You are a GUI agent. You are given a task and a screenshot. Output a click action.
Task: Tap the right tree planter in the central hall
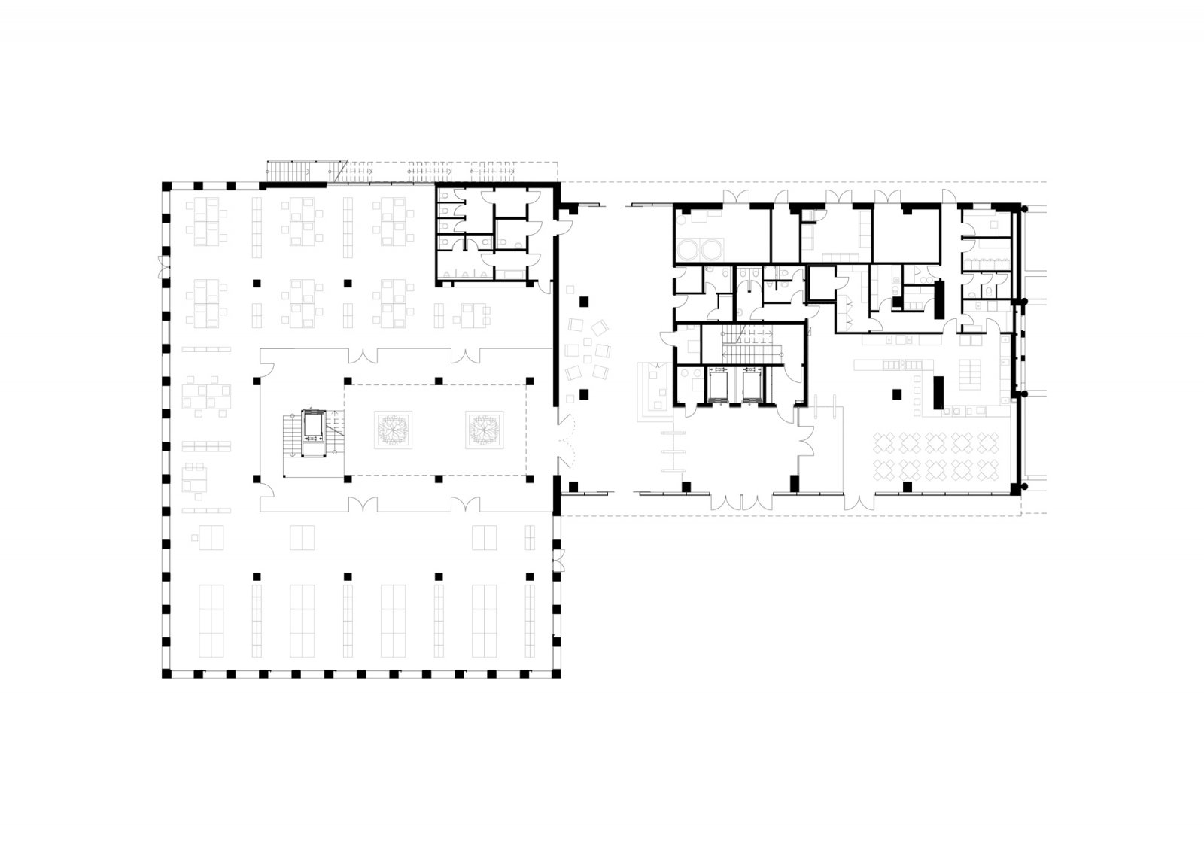[483, 430]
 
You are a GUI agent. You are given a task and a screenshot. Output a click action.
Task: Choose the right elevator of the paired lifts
[752, 385]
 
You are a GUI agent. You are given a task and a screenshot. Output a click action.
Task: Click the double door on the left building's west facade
[160, 266]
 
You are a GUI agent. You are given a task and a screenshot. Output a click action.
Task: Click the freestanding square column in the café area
[896, 393]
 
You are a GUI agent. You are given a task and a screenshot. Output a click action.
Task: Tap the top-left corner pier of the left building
[166, 185]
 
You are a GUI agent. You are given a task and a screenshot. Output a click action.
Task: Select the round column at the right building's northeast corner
[1024, 208]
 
